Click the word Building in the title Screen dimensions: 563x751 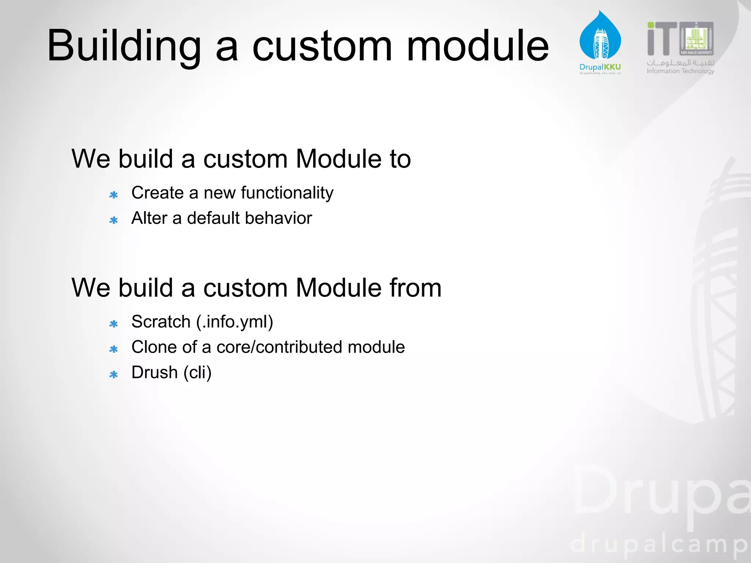pos(124,46)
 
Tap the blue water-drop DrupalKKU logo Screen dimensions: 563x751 pos(600,37)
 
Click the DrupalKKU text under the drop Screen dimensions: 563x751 pos(600,67)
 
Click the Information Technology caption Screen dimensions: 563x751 pos(680,71)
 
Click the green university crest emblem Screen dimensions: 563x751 pos(696,38)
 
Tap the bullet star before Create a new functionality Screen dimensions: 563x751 pos(114,195)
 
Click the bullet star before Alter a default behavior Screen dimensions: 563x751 pos(114,220)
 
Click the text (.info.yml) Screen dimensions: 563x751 pos(235,322)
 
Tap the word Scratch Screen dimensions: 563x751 pos(161,322)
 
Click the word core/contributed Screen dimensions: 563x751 pos(279,347)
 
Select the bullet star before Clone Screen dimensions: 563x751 pos(114,349)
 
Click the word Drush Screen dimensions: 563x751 pos(155,372)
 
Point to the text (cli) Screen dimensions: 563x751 pos(198,372)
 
